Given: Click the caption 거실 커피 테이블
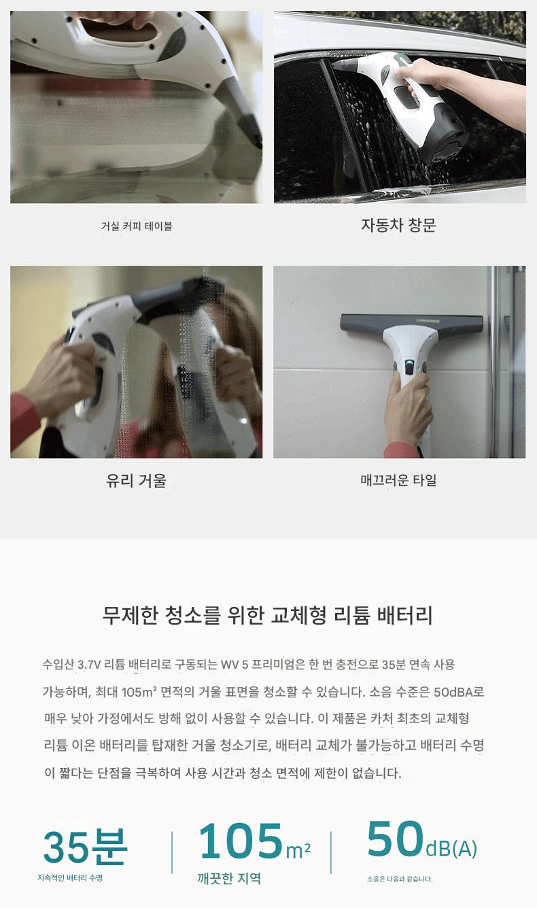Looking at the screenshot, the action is point(137,226).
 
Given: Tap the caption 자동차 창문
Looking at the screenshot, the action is point(398,225).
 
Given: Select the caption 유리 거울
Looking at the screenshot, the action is point(136,481).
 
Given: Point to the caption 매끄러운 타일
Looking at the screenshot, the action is point(398,480).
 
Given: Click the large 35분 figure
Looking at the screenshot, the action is point(85,848).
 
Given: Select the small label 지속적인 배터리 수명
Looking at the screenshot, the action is point(70,877).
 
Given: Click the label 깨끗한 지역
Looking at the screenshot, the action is point(229,878).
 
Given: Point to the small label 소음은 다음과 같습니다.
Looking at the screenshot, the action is point(400,879).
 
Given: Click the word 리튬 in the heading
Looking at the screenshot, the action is point(352,615).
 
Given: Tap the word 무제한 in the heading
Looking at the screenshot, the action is point(130,615).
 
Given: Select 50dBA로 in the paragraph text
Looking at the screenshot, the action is point(459,692).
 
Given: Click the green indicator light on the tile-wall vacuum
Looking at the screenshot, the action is point(410,362).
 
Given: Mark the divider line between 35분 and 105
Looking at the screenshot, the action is point(172,852).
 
